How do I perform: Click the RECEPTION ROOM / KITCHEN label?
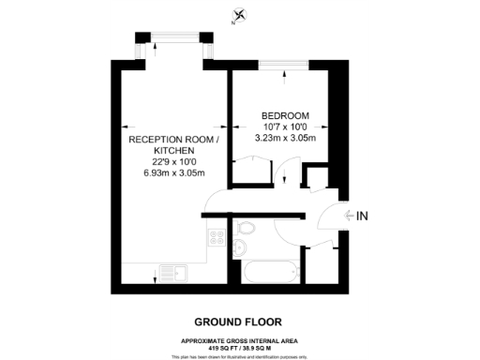173,144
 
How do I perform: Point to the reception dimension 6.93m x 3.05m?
173,172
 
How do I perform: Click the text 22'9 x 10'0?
173,161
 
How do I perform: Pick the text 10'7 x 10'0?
284,127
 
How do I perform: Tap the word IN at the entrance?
363,217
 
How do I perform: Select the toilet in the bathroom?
247,229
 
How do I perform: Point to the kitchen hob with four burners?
217,237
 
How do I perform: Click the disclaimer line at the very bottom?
239,355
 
